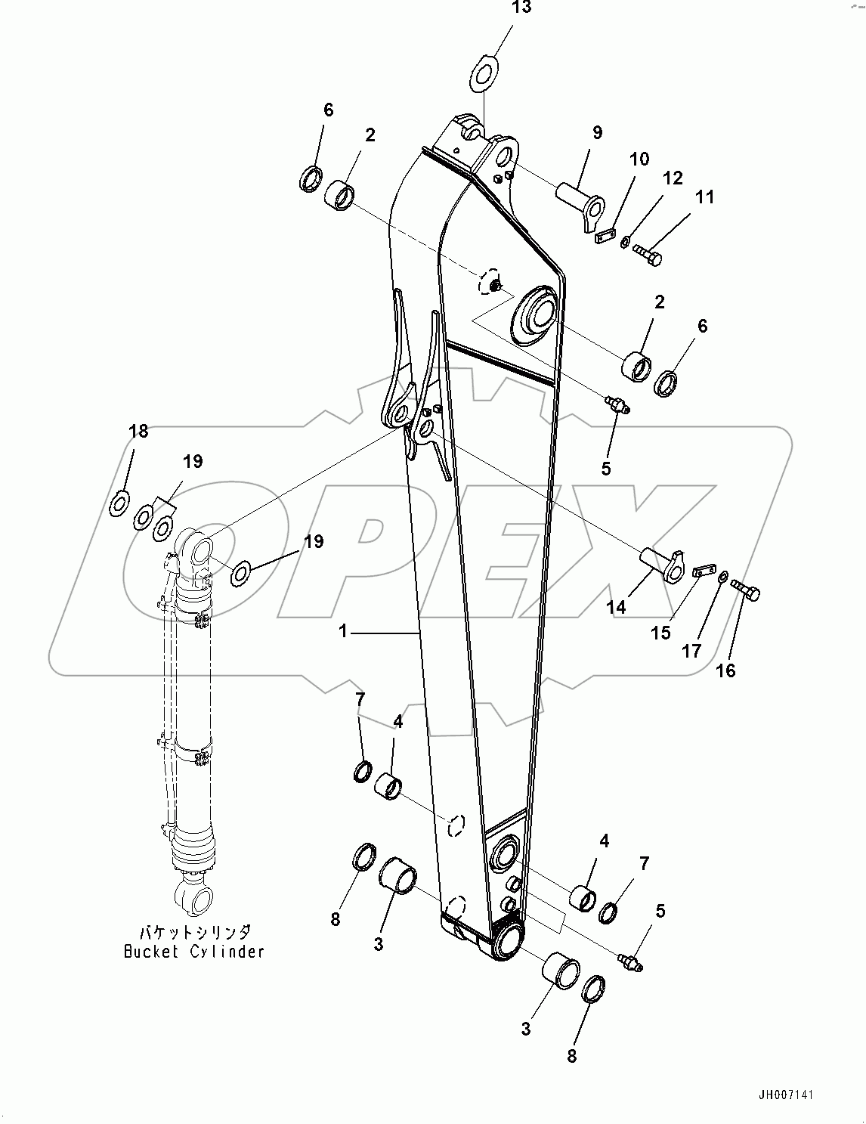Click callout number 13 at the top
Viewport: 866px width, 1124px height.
(x=521, y=8)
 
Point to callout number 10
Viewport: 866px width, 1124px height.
(x=639, y=159)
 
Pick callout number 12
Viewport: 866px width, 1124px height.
(x=673, y=178)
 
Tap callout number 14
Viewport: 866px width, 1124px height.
(x=616, y=606)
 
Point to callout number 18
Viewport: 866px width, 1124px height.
(x=138, y=432)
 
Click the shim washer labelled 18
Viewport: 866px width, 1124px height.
(x=119, y=503)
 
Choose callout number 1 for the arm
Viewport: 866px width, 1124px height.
(x=343, y=630)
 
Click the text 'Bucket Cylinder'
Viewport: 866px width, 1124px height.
(x=194, y=952)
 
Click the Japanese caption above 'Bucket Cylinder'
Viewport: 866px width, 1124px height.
(x=194, y=933)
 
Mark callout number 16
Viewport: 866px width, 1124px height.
(x=725, y=670)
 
